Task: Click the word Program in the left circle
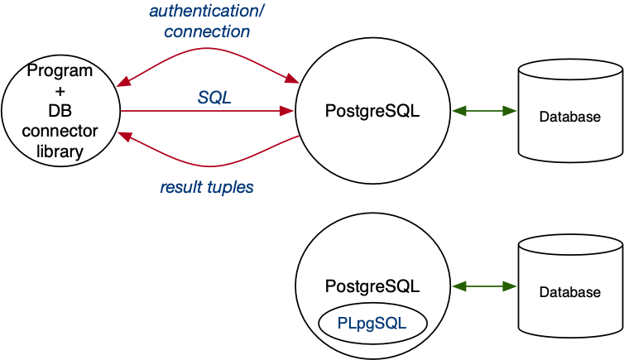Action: pyautogui.click(x=60, y=72)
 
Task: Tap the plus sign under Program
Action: pyautogui.click(x=60, y=92)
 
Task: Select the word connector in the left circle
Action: pyautogui.click(x=60, y=132)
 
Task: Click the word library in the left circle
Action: pyautogui.click(x=60, y=151)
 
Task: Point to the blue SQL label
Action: pyautogui.click(x=214, y=98)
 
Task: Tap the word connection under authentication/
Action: pyautogui.click(x=207, y=32)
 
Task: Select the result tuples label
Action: pyautogui.click(x=207, y=188)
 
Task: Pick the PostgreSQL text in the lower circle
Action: pyautogui.click(x=372, y=286)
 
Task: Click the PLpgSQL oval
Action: pyautogui.click(x=372, y=324)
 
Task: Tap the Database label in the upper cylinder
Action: pyautogui.click(x=570, y=118)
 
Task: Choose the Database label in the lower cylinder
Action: pyautogui.click(x=570, y=292)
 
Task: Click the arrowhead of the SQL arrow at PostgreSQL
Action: pyautogui.click(x=290, y=110)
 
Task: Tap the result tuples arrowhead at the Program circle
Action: pyautogui.click(x=124, y=134)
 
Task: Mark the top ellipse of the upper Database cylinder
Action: pyautogui.click(x=570, y=72)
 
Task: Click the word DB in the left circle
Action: pyautogui.click(x=60, y=112)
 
